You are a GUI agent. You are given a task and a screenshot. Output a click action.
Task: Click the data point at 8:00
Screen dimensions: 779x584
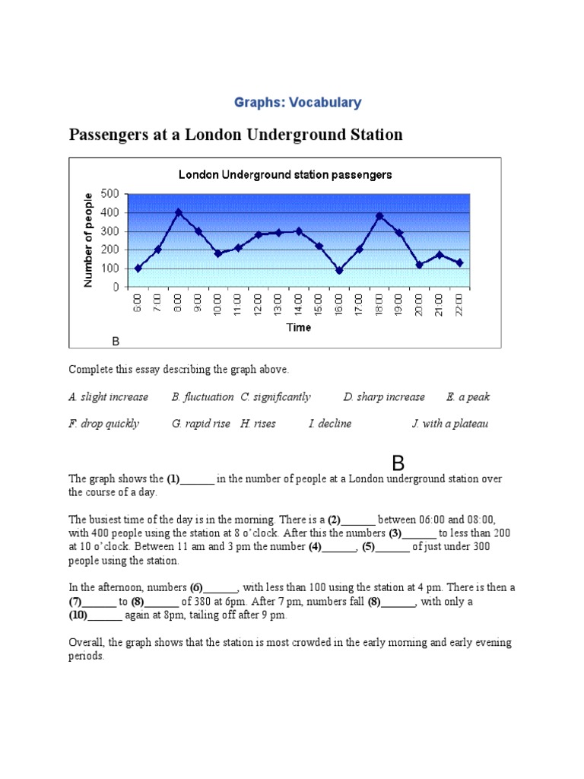click(x=179, y=212)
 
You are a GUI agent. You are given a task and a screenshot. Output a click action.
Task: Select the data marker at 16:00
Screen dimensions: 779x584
click(x=339, y=270)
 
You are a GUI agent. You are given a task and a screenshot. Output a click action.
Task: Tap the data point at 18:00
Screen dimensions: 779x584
click(x=379, y=216)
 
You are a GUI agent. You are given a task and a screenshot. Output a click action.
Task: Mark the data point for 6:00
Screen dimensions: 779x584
click(x=138, y=268)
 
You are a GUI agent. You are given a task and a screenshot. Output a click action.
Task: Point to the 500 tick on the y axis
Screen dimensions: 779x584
click(x=109, y=193)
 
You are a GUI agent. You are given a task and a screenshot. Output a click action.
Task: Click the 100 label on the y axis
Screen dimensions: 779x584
click(x=109, y=269)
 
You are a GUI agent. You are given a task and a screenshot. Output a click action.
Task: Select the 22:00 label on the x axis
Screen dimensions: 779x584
click(x=460, y=305)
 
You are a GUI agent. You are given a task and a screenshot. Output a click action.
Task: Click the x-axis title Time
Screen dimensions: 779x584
click(x=298, y=327)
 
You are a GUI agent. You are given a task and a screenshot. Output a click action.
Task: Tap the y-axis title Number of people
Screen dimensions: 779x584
click(x=88, y=240)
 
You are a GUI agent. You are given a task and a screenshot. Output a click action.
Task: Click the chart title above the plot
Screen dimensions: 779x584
click(x=285, y=174)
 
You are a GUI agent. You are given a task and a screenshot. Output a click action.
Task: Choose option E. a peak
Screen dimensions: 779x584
click(x=468, y=397)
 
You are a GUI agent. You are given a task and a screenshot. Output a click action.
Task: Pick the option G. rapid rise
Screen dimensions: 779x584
click(x=201, y=424)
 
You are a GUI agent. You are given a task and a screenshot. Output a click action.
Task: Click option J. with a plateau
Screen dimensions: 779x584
click(x=450, y=424)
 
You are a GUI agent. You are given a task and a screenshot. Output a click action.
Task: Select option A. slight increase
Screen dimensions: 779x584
click(x=108, y=397)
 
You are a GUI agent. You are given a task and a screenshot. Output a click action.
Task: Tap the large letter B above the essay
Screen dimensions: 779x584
click(x=398, y=463)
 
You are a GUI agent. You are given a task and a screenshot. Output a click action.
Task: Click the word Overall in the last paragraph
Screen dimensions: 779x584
click(x=87, y=642)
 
